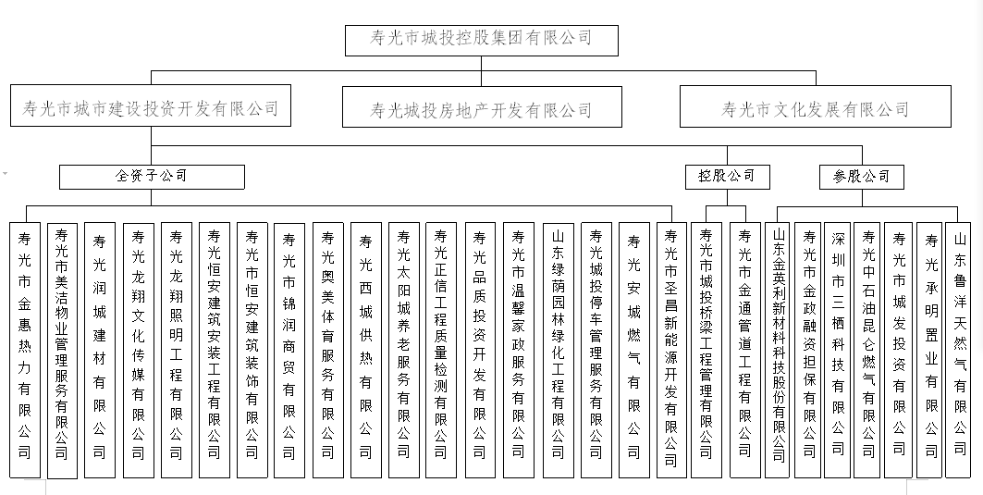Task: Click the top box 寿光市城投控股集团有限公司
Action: click(x=482, y=41)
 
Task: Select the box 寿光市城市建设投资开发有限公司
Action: click(x=151, y=105)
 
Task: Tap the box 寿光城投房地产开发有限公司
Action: click(x=482, y=106)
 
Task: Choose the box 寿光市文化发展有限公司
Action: click(x=815, y=106)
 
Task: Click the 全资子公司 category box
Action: click(x=152, y=177)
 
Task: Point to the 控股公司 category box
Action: click(x=727, y=177)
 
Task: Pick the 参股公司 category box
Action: click(x=861, y=177)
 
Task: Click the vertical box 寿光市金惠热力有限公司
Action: click(x=25, y=350)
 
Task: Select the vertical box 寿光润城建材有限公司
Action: click(x=100, y=350)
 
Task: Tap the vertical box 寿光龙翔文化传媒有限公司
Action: click(x=138, y=350)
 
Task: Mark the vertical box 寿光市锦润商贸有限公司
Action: click(x=289, y=350)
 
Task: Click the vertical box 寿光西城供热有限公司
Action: click(x=366, y=350)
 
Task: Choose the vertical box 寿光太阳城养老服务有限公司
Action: click(x=404, y=350)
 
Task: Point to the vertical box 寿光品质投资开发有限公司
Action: click(x=480, y=350)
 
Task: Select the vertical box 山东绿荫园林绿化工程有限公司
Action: click(x=558, y=350)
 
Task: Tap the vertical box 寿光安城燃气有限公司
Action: click(x=634, y=350)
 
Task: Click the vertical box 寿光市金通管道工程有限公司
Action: click(x=745, y=350)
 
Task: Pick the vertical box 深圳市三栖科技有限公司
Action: click(x=838, y=350)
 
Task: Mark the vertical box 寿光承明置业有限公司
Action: click(x=931, y=350)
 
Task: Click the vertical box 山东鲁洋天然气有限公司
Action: click(x=960, y=350)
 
